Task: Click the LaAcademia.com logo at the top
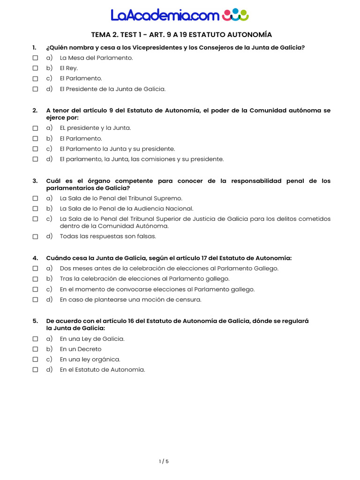click(x=180, y=15)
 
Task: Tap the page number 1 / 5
click(x=164, y=461)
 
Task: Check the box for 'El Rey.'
click(x=35, y=68)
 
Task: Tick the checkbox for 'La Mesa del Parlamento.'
click(x=35, y=58)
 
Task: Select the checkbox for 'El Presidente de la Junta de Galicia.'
click(x=35, y=89)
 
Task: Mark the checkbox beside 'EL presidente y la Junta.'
click(x=35, y=128)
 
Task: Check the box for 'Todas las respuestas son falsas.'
click(x=35, y=237)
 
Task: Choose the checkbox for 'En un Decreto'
click(x=35, y=349)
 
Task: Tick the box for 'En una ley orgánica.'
click(x=35, y=360)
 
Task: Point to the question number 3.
click(x=35, y=181)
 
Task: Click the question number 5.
click(x=35, y=321)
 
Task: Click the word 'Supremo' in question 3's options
click(x=168, y=198)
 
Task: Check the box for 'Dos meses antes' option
click(x=35, y=269)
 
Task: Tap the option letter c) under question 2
click(x=49, y=149)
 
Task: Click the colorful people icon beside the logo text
click(x=235, y=15)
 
